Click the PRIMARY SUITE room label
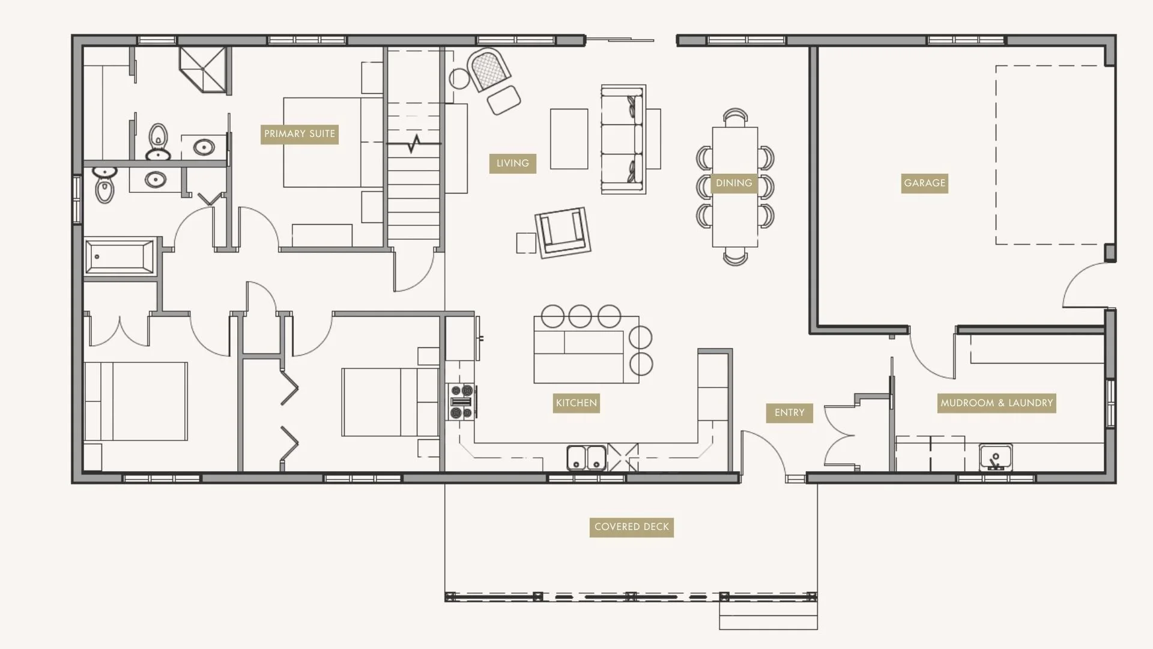pyautogui.click(x=299, y=134)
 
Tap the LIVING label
pyautogui.click(x=512, y=163)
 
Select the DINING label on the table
pyautogui.click(x=734, y=183)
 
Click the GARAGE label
pyautogui.click(x=924, y=183)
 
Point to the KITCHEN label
pyautogui.click(x=576, y=403)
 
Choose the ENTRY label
pyautogui.click(x=789, y=413)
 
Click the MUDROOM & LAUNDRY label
pyautogui.click(x=996, y=403)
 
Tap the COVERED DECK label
pyautogui.click(x=631, y=527)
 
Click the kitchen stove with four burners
pyautogui.click(x=461, y=401)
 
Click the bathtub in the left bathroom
pyautogui.click(x=120, y=257)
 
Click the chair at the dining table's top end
pyautogui.click(x=735, y=117)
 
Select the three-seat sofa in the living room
pyautogui.click(x=623, y=139)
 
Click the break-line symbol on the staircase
pyautogui.click(x=414, y=144)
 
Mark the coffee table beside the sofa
pyautogui.click(x=569, y=139)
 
